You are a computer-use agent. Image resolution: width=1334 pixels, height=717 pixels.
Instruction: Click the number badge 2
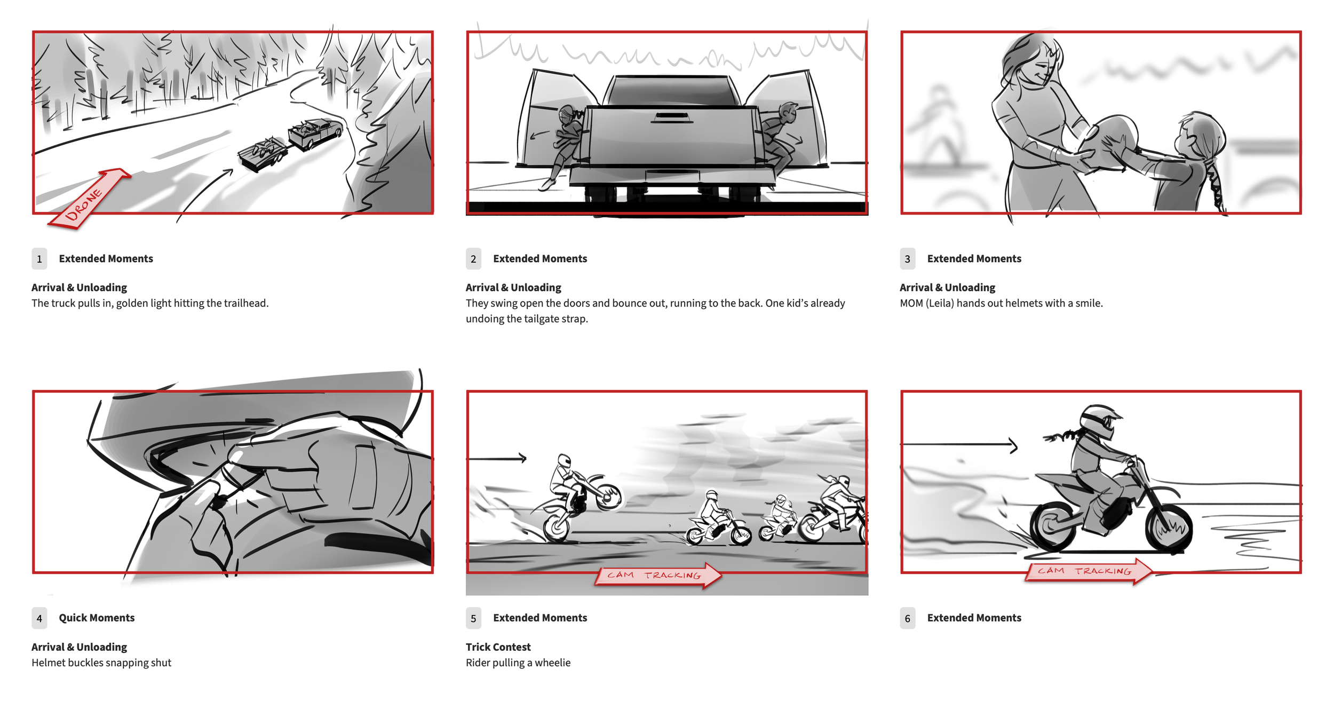point(473,259)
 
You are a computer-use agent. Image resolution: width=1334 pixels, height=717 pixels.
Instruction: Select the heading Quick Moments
point(97,618)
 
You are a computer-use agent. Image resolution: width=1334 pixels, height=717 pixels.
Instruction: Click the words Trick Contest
point(498,647)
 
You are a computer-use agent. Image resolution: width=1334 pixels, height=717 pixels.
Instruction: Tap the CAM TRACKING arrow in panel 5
point(658,575)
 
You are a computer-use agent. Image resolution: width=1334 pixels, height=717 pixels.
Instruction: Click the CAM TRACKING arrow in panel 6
point(1089,571)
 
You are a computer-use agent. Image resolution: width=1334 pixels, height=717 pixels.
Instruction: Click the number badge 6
point(908,618)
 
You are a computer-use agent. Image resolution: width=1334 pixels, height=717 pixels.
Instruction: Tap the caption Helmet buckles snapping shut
point(101,663)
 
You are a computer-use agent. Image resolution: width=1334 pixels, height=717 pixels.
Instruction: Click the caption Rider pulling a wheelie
point(518,663)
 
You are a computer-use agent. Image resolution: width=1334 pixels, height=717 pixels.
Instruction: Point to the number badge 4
point(39,618)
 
